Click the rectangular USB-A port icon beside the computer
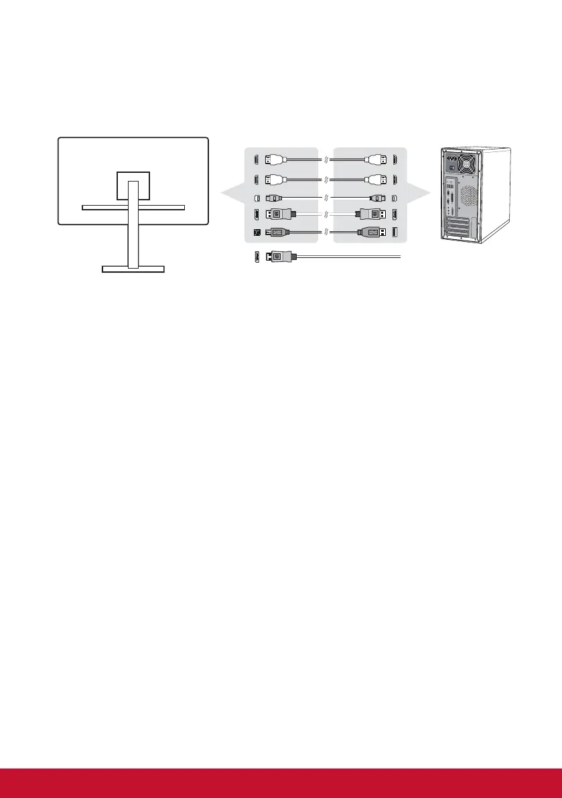(393, 232)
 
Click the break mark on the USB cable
(325, 232)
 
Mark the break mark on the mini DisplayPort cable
(325, 198)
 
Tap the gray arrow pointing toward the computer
(420, 194)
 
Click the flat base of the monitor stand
(133, 269)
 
